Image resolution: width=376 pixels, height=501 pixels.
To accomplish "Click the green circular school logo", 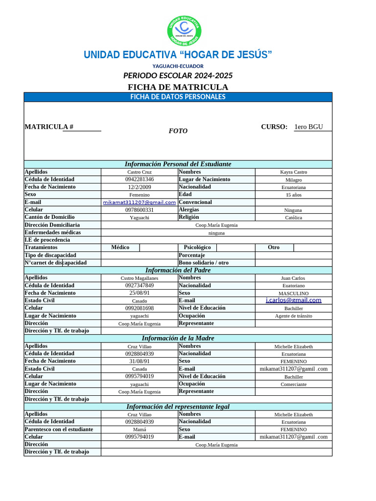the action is tap(185, 30).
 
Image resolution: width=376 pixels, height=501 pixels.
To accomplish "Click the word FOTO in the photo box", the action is tap(178, 131).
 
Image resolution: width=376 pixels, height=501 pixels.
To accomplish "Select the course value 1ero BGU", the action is tap(308, 127).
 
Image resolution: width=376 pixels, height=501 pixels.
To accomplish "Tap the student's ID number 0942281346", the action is tap(140, 180).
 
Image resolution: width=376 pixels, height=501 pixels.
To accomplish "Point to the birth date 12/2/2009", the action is tap(140, 187).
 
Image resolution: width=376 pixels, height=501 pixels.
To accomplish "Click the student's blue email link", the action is tap(140, 202).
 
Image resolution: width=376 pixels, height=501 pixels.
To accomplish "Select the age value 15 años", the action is tap(294, 195).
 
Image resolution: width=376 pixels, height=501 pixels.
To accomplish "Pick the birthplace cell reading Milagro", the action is tap(294, 180).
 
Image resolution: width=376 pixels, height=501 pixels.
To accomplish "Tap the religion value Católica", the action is tap(294, 217).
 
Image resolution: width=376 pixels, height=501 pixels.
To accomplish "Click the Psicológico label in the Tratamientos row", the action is tap(197, 248).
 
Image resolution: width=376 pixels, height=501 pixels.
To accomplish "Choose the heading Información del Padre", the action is tap(178, 270).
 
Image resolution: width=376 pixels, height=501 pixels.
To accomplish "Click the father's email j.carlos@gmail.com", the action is tap(294, 300).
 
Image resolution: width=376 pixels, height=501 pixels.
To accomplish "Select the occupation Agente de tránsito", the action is tap(294, 316).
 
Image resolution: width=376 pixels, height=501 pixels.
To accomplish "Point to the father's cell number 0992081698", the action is tap(140, 308).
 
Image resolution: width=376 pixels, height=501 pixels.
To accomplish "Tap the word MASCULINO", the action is tap(294, 293).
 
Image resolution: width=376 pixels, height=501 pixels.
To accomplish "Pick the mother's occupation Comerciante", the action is tap(294, 384).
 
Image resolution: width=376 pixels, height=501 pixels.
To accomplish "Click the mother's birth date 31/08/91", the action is tap(140, 361).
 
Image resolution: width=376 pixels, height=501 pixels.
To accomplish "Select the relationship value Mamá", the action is tap(140, 429).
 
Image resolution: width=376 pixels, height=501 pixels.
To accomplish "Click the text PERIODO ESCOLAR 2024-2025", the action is tap(178, 76).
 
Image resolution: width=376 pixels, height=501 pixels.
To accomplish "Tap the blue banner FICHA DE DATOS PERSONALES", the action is tap(178, 97).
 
